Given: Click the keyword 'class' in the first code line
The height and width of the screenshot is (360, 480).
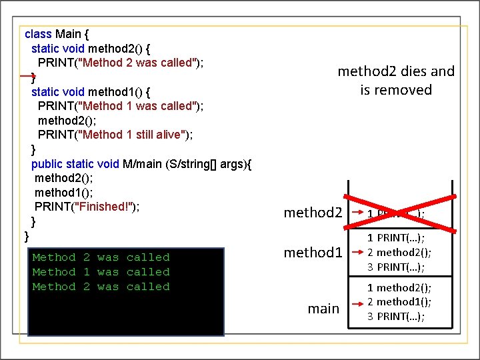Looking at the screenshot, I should coord(38,33).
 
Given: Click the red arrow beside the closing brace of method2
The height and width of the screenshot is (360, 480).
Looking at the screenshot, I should coord(25,77).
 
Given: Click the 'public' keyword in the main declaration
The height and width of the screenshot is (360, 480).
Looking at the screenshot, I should coord(47,164).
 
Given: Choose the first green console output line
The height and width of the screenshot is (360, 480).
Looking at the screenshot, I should coord(101,257).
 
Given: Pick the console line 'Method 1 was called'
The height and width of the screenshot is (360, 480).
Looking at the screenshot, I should coord(101,272).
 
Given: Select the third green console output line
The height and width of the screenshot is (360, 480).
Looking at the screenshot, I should coord(101,287).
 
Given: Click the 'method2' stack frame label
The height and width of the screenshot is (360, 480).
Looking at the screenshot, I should coord(313,213).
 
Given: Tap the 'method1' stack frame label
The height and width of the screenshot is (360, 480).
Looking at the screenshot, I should coord(313,253).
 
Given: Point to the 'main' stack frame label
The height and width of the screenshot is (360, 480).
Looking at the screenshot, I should coord(323,309).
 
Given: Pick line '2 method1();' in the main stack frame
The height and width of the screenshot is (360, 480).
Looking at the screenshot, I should coord(399,301).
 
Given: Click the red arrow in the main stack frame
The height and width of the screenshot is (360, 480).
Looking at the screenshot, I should coord(357,301).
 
